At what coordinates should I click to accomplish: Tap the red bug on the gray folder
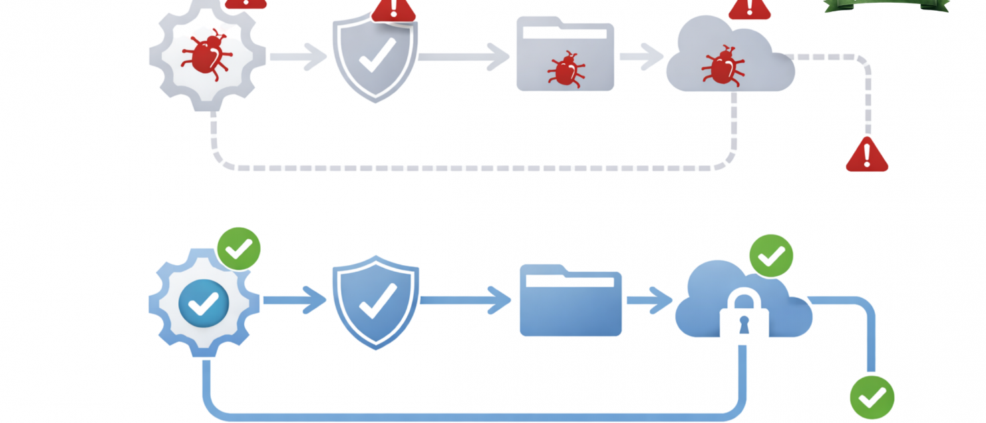[x=566, y=69]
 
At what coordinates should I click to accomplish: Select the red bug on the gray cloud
[x=723, y=65]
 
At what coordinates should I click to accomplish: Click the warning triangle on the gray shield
[x=393, y=9]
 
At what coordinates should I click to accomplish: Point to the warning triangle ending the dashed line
[x=866, y=156]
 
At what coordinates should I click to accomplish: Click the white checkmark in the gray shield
[x=377, y=55]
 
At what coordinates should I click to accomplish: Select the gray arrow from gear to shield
[x=297, y=57]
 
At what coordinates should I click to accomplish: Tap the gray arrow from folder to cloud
[x=641, y=57]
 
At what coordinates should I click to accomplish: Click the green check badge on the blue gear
[x=239, y=248]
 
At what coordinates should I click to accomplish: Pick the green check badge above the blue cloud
[x=771, y=255]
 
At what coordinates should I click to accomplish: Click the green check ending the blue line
[x=872, y=398]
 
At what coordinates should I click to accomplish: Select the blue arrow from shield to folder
[x=465, y=300]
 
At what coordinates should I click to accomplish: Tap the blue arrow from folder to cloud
[x=649, y=300]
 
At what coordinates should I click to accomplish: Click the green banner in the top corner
[x=887, y=5]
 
